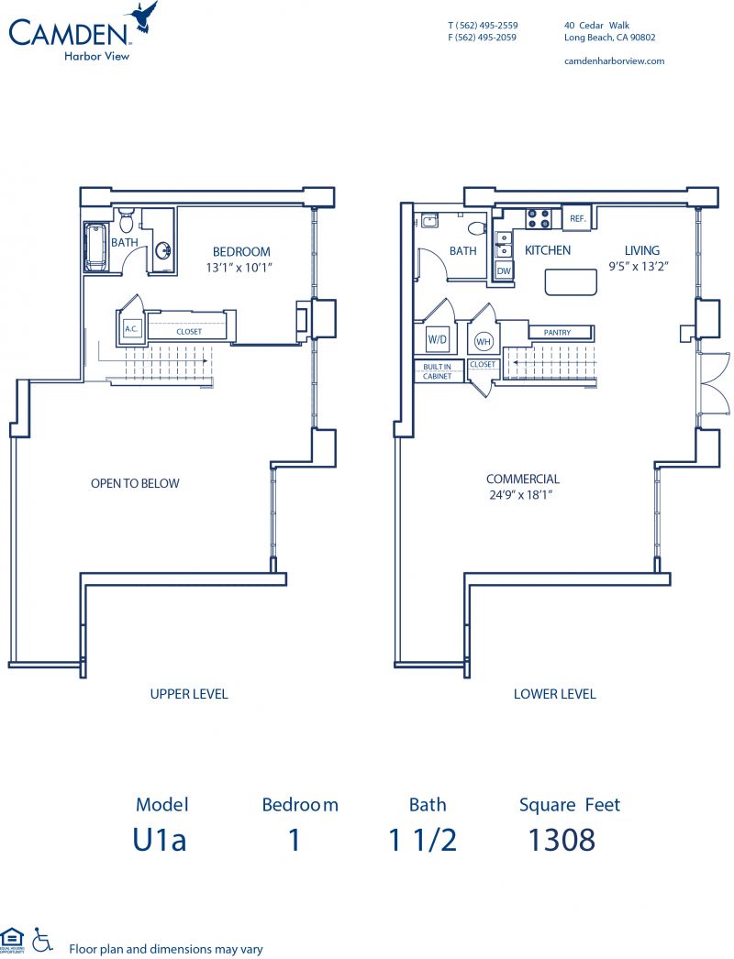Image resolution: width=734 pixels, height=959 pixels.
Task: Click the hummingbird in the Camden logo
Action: pos(145,16)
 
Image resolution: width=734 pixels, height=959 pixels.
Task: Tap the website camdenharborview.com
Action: pos(613,61)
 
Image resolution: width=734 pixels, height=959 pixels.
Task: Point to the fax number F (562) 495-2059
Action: pos(482,38)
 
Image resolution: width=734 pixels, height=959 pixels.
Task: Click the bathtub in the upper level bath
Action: pos(95,247)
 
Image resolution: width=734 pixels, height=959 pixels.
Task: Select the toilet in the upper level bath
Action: pos(127,221)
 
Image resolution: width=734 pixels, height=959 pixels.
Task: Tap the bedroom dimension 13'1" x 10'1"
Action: pos(241,268)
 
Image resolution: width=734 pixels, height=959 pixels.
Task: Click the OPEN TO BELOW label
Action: pos(135,483)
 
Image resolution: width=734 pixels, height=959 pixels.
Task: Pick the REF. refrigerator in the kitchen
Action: pos(577,218)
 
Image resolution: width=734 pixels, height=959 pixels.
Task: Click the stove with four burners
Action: pos(538,218)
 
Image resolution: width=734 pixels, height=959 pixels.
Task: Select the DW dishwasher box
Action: pos(504,271)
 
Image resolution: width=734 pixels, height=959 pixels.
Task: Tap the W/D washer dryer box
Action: pos(437,339)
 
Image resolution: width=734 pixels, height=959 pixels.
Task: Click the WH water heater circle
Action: pos(484,342)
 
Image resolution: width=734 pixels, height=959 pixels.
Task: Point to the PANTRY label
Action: pos(557,333)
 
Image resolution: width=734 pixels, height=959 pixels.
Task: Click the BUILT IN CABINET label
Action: pos(437,371)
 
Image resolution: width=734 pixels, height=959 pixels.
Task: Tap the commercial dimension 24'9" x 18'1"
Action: pos(522,495)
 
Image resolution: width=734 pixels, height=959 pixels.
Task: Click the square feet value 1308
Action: pos(562,839)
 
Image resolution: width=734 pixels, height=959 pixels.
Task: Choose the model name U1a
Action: pos(161,839)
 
